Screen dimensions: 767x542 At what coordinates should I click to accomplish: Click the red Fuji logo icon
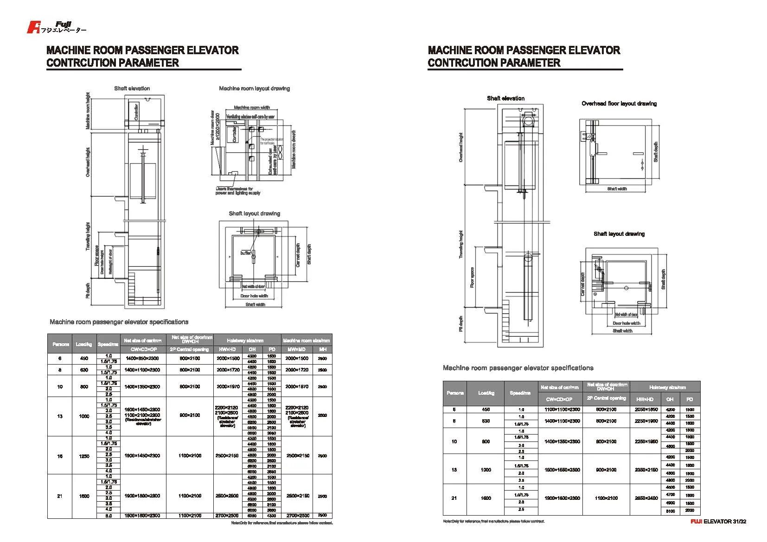pyautogui.click(x=33, y=27)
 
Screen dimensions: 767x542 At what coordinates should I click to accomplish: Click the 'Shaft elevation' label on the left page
pyautogui.click(x=132, y=88)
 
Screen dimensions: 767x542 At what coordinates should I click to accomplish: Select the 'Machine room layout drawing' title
pyautogui.click(x=254, y=88)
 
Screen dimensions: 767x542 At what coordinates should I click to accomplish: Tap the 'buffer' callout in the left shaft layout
pyautogui.click(x=245, y=253)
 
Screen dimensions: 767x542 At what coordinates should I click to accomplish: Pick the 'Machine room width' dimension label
pyautogui.click(x=252, y=107)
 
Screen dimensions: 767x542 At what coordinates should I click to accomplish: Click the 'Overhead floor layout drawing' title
pyautogui.click(x=619, y=103)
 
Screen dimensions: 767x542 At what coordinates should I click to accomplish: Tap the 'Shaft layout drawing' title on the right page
pyautogui.click(x=619, y=233)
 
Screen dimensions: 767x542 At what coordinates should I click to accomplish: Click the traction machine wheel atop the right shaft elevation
pyautogui.click(x=528, y=121)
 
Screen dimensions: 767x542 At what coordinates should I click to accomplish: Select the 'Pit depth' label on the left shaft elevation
pyautogui.click(x=89, y=290)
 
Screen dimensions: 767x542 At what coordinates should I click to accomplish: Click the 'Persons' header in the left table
pyautogui.click(x=61, y=344)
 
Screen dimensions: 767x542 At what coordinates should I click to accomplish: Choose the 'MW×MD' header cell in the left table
pyautogui.click(x=296, y=349)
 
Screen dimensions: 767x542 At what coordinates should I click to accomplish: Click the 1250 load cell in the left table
pyautogui.click(x=84, y=456)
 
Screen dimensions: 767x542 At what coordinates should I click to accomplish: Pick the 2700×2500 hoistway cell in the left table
pyautogui.click(x=227, y=515)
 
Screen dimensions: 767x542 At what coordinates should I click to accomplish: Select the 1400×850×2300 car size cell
pyautogui.click(x=142, y=359)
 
